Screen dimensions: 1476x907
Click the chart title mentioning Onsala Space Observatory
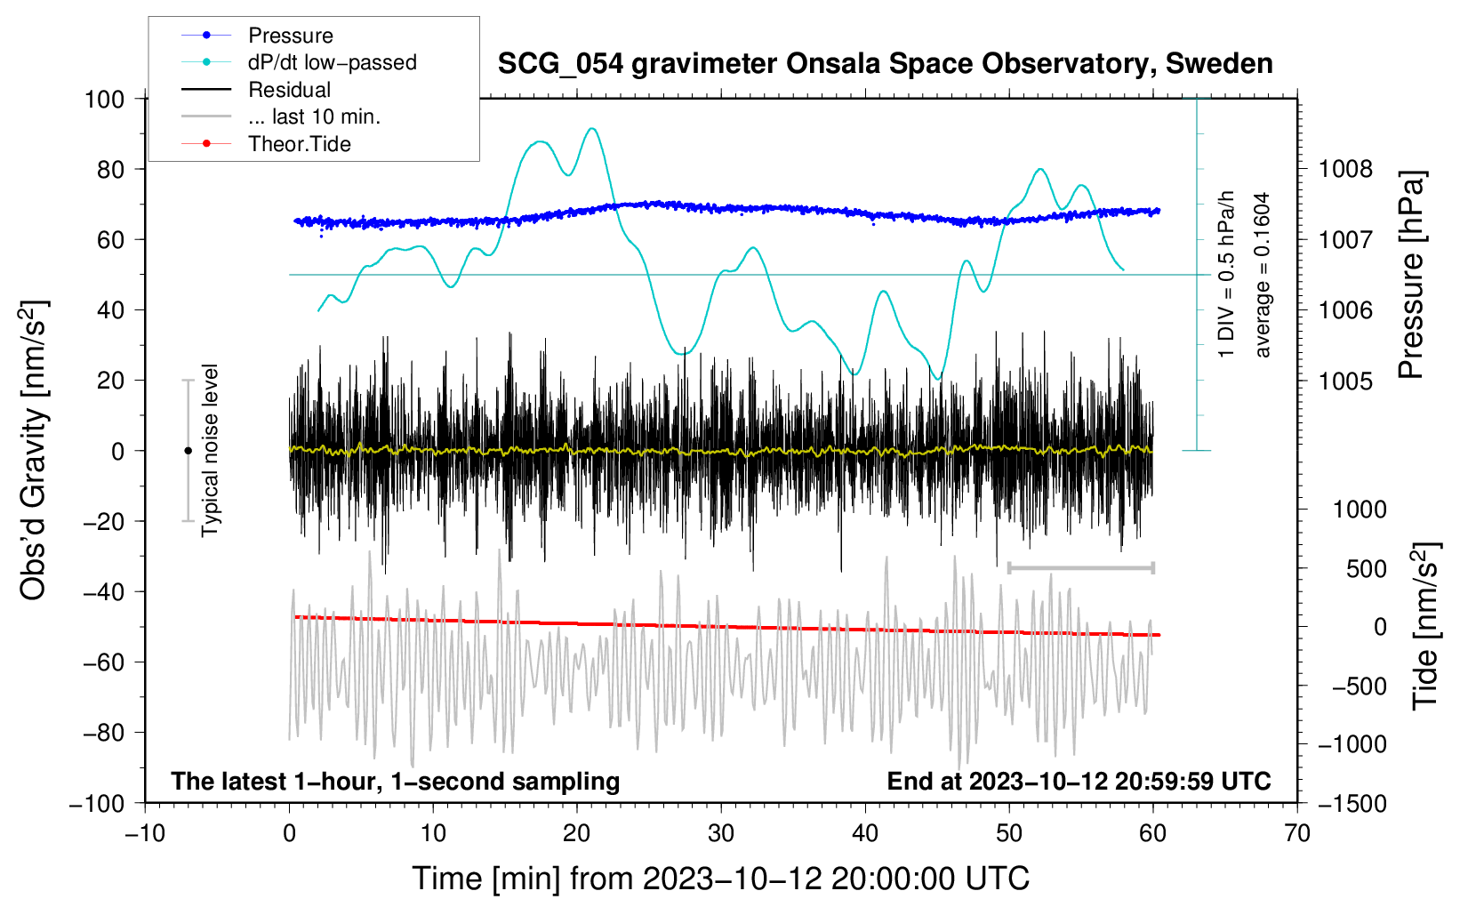(x=885, y=64)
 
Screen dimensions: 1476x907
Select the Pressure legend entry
(x=291, y=35)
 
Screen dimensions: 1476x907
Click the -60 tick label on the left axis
(x=103, y=662)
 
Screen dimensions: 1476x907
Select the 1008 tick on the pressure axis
(x=1345, y=170)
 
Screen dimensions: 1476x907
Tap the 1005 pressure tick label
(x=1345, y=381)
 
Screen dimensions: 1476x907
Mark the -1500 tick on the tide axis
(x=1352, y=804)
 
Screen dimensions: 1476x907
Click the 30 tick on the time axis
(x=721, y=833)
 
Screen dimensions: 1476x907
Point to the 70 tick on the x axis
(x=1297, y=833)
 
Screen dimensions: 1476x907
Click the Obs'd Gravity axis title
(x=33, y=450)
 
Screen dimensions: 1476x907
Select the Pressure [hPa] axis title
(x=1411, y=275)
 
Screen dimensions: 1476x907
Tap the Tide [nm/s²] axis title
(x=1426, y=626)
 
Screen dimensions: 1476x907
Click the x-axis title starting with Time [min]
(x=721, y=879)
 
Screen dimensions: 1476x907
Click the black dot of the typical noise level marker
(x=188, y=451)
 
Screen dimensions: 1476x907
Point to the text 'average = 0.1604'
(x=1261, y=275)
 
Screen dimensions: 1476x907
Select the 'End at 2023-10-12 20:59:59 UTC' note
(x=1079, y=781)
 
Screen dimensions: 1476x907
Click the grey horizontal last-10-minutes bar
(x=1080, y=567)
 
